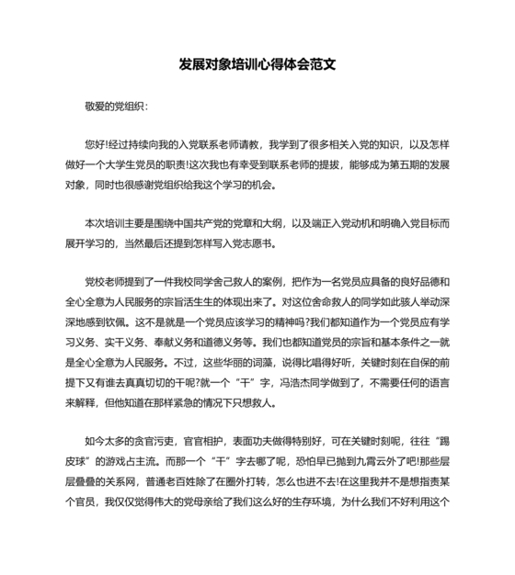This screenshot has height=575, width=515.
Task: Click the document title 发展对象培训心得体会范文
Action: coord(257,66)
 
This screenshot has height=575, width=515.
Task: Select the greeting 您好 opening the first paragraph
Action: coord(95,145)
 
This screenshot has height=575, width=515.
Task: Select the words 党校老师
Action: coord(105,282)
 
